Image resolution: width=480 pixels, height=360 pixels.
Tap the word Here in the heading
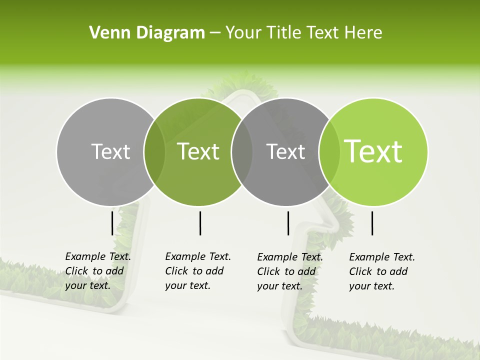coord(363,33)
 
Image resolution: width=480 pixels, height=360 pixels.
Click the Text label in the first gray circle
coord(110,151)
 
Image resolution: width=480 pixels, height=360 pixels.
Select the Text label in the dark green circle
coord(198,151)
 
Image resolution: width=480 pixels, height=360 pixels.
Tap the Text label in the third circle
coord(285,151)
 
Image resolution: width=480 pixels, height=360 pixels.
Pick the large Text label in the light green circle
coord(373,151)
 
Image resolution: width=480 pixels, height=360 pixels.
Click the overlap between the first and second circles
coord(154,151)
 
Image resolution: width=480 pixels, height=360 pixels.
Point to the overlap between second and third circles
coord(241,151)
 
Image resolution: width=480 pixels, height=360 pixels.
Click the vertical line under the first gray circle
coord(112,223)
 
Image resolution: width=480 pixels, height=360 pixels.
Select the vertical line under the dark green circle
coord(200,223)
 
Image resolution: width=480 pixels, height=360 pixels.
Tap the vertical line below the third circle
coord(288,223)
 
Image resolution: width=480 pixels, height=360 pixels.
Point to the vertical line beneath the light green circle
coord(372,223)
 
